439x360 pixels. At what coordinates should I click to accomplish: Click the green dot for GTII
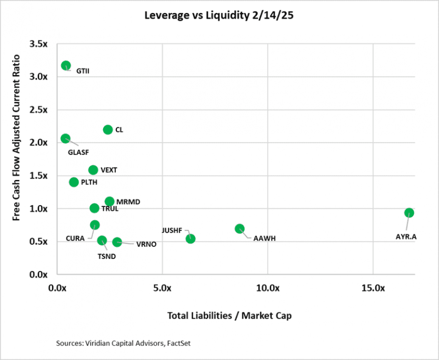66,65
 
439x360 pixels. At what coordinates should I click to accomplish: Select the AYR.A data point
409,213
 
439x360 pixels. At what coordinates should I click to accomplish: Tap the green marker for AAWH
240,228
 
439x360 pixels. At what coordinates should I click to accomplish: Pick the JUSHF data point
190,238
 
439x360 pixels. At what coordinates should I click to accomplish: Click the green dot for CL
108,130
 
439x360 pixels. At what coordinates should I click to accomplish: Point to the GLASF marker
65,138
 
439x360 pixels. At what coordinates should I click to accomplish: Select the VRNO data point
117,242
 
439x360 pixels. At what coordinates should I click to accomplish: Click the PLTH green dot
74,182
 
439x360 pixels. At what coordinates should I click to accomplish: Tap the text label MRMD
128,202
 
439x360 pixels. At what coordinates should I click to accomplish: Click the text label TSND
106,255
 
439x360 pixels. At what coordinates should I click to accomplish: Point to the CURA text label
75,238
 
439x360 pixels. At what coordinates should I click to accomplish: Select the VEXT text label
109,170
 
